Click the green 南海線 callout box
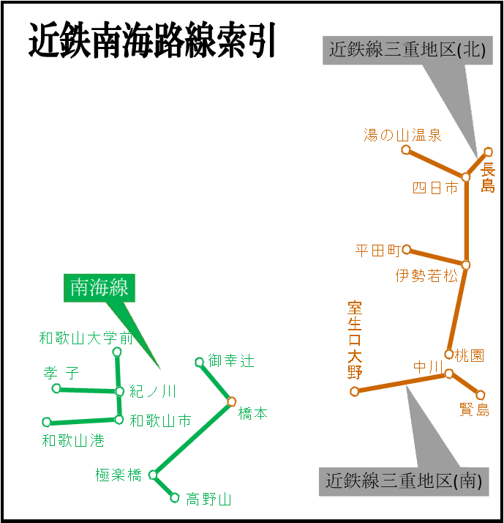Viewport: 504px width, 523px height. [99, 288]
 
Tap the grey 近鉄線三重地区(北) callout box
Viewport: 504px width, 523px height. [407, 51]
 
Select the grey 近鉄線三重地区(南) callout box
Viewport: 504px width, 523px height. [404, 481]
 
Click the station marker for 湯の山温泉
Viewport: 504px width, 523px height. [406, 150]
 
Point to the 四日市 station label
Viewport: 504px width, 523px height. [435, 188]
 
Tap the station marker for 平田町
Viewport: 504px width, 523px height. [406, 250]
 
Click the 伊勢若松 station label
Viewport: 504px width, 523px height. [427, 276]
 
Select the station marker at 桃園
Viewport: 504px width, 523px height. [449, 355]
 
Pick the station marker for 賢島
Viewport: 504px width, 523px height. [481, 395]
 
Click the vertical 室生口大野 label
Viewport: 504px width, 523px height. [355, 340]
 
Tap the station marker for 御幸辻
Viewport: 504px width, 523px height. [199, 362]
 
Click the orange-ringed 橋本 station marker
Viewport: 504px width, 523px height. [232, 401]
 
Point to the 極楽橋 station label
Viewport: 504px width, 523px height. [119, 475]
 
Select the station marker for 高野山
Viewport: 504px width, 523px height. [175, 498]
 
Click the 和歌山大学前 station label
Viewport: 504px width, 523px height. [86, 338]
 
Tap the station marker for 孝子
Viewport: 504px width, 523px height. [56, 388]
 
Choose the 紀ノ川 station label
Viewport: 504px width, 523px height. [153, 391]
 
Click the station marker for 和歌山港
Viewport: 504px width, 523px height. [47, 422]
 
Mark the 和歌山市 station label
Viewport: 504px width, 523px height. [160, 421]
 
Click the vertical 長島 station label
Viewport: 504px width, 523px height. [488, 178]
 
